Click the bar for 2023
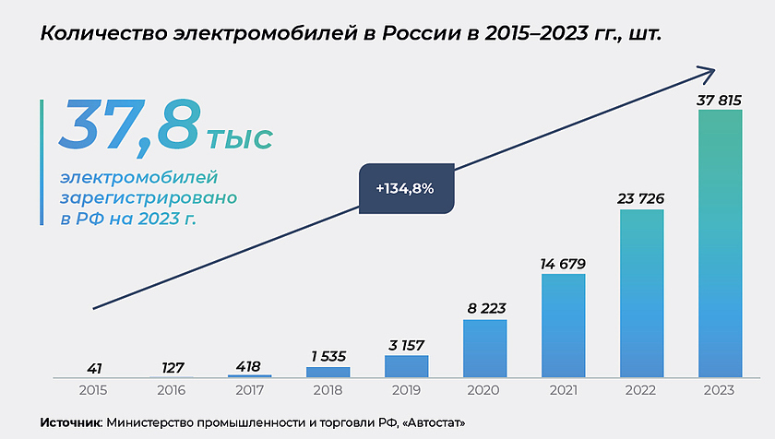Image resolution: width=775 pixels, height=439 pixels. click(x=720, y=243)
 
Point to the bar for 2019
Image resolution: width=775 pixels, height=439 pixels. click(x=406, y=366)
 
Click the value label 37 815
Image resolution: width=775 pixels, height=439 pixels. click(x=720, y=99)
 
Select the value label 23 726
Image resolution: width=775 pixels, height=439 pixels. click(x=641, y=198)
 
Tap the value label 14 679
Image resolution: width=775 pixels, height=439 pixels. click(x=563, y=264)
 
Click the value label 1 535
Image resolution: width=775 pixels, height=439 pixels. click(x=328, y=355)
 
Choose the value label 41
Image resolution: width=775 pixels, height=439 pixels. click(x=92, y=367)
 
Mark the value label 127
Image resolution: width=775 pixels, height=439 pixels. click(x=172, y=366)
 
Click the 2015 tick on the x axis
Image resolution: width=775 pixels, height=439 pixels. click(x=92, y=391)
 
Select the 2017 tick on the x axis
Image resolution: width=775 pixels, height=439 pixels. click(x=249, y=391)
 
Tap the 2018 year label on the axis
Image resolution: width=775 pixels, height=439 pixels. click(x=328, y=391)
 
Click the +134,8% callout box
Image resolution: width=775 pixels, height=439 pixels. click(x=405, y=189)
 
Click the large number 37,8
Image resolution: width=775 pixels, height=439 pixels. click(x=129, y=125)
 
